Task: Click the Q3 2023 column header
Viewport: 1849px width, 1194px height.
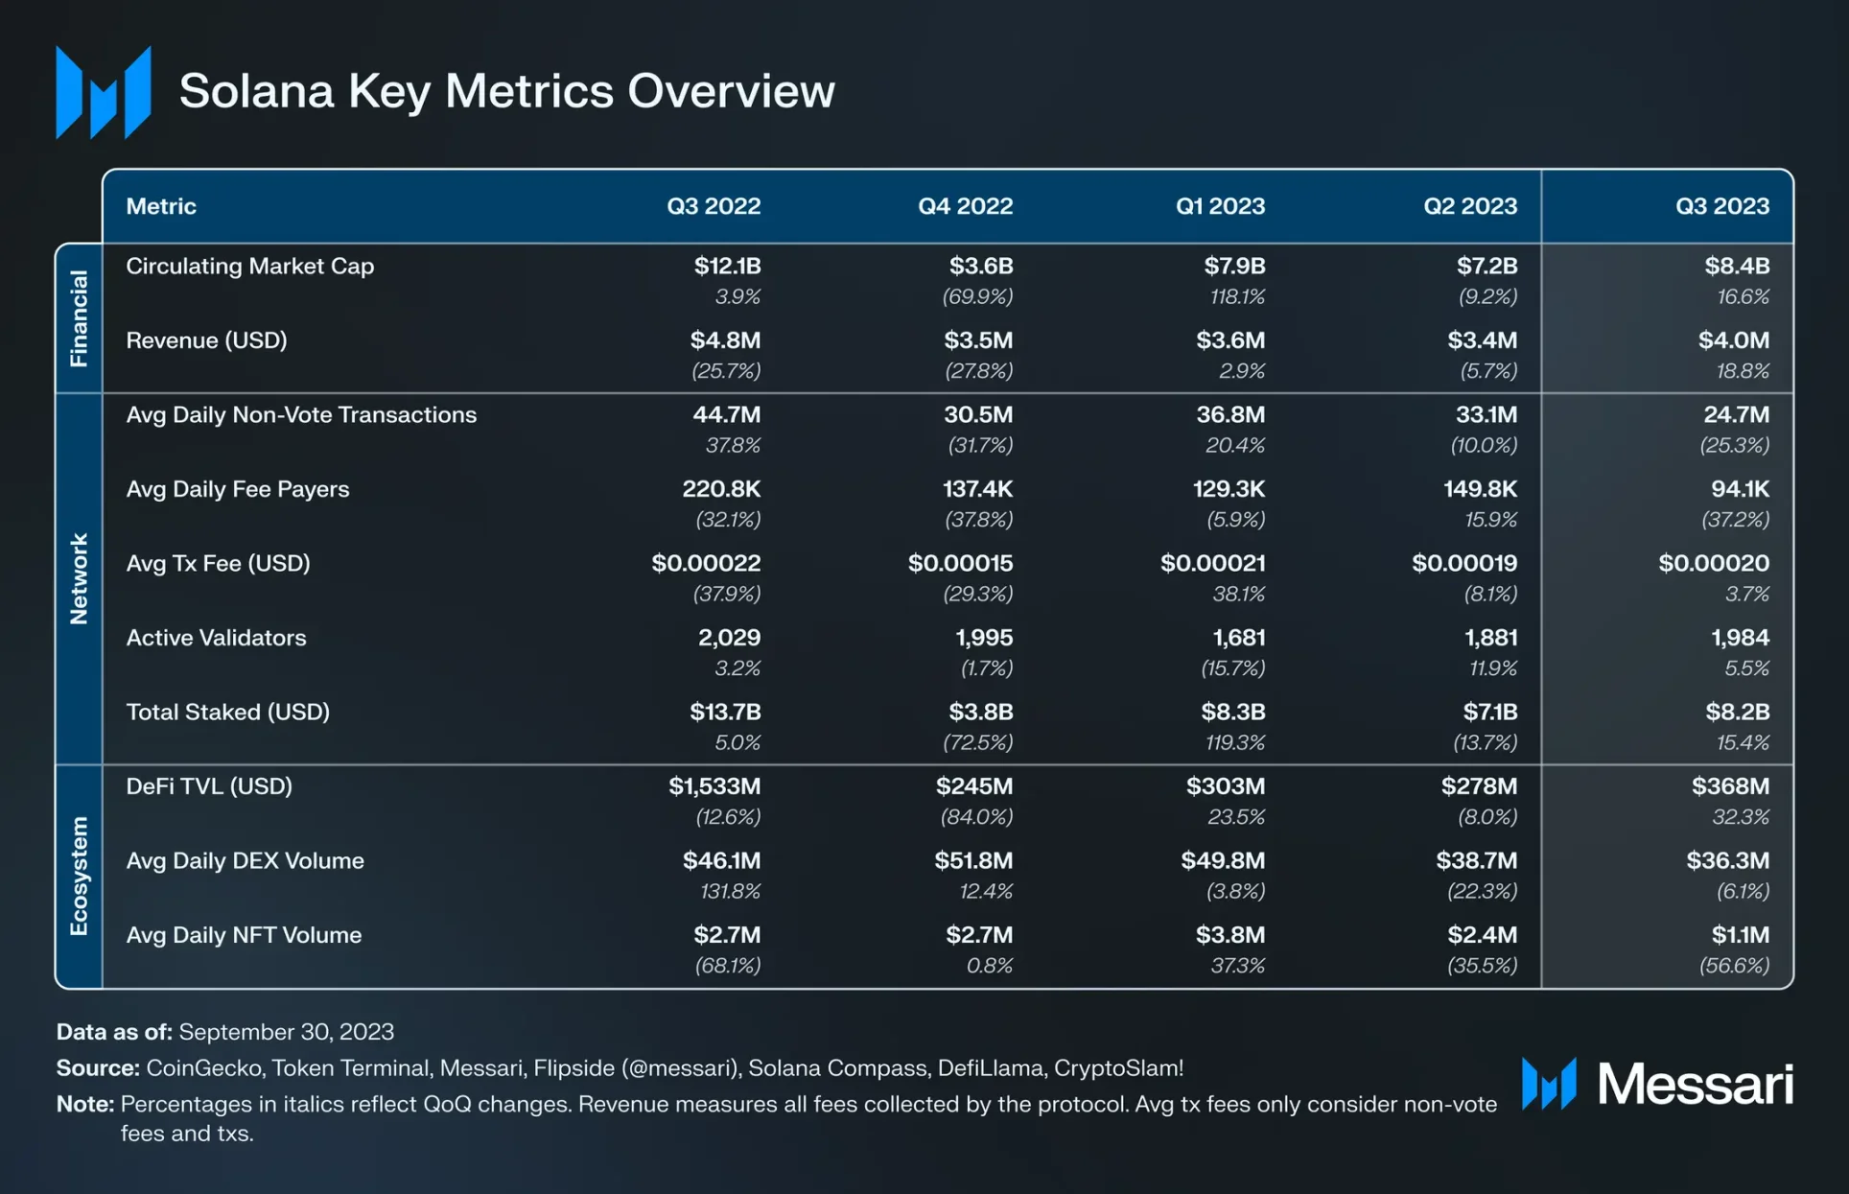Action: coord(1721,206)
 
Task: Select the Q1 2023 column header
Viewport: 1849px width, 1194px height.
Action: coord(1220,206)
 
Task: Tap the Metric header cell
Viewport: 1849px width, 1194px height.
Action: coord(161,206)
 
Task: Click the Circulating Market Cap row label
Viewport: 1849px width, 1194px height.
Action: coord(249,267)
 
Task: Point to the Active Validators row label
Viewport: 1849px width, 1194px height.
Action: coord(216,638)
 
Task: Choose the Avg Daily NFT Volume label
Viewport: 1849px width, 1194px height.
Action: coord(244,935)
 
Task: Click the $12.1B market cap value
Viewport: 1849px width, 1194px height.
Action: coord(727,267)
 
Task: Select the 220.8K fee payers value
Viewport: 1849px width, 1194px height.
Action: coord(721,489)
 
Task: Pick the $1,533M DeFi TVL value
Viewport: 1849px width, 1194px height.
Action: coord(714,786)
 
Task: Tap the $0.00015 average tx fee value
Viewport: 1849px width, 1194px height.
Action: coord(960,563)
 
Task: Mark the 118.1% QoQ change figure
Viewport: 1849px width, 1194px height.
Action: coord(1237,297)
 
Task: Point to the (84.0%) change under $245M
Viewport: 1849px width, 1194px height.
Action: coord(976,817)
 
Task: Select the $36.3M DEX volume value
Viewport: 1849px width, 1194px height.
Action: coord(1727,860)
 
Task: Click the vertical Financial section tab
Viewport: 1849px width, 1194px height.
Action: coord(79,318)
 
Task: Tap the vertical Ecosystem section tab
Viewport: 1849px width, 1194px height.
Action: coord(79,876)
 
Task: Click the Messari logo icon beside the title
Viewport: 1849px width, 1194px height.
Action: coord(104,92)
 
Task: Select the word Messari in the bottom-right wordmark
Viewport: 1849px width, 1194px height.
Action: coord(1695,1085)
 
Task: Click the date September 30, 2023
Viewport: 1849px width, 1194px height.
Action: coord(286,1032)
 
